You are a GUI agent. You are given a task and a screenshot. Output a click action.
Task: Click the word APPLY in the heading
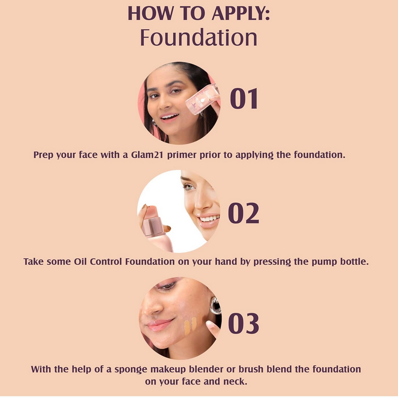coord(241,13)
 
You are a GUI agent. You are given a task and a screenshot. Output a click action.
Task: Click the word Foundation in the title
coord(199,38)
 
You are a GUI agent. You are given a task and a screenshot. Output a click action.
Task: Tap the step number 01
coord(244,99)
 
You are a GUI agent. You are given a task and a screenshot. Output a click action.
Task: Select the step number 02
coord(244,213)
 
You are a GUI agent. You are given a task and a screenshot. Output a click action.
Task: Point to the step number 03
coord(244,323)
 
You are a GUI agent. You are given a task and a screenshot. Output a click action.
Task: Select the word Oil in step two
coord(80,262)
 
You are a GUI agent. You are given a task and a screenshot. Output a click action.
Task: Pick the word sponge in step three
coord(131,370)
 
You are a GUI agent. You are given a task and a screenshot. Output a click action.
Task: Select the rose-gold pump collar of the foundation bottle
coord(154,227)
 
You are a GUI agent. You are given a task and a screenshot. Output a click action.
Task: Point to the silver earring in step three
coord(215,305)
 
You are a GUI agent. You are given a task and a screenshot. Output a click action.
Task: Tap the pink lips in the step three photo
coord(160,325)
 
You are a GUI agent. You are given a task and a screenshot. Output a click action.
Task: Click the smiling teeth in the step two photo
coord(208,218)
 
